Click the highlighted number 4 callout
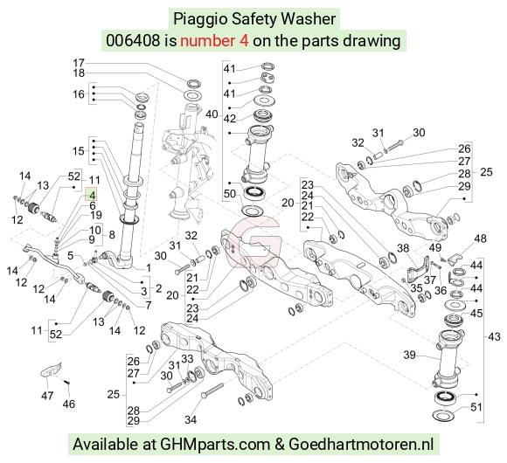[91, 195]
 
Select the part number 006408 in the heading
[133, 41]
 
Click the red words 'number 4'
[214, 41]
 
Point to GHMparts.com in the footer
[215, 445]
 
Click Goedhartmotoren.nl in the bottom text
[361, 444]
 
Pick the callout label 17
[79, 63]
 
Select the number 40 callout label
[212, 114]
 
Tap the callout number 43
[494, 336]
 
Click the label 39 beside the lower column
[409, 355]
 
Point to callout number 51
[476, 407]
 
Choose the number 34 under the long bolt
[191, 419]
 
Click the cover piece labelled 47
[51, 370]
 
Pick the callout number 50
[230, 194]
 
